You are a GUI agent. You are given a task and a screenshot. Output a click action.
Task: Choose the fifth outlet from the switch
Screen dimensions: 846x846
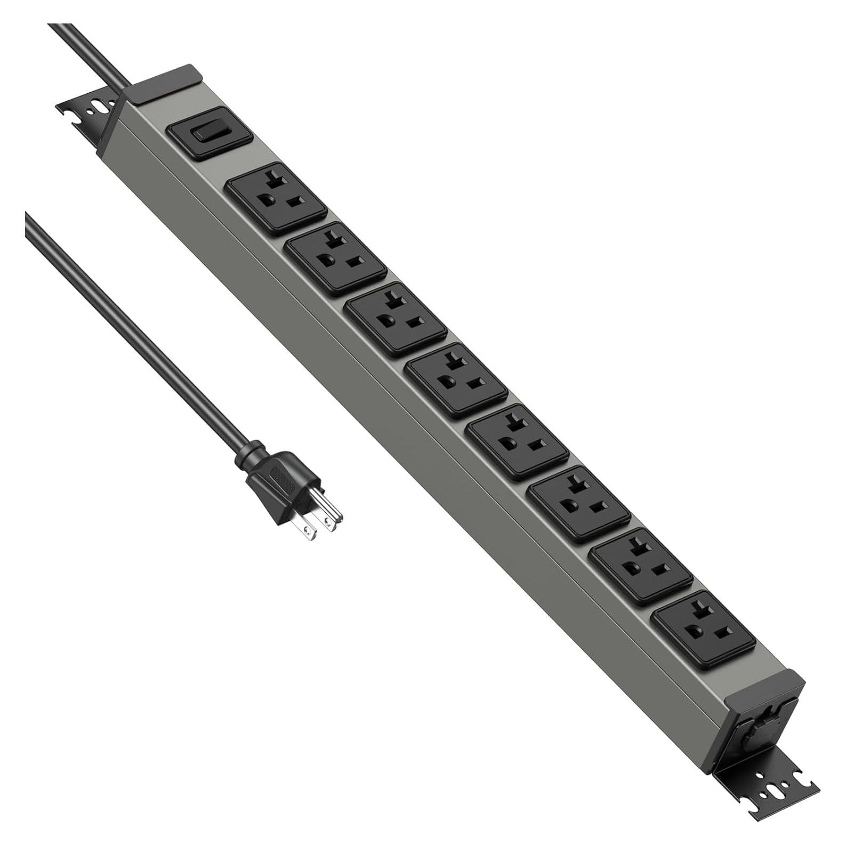click(520, 441)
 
